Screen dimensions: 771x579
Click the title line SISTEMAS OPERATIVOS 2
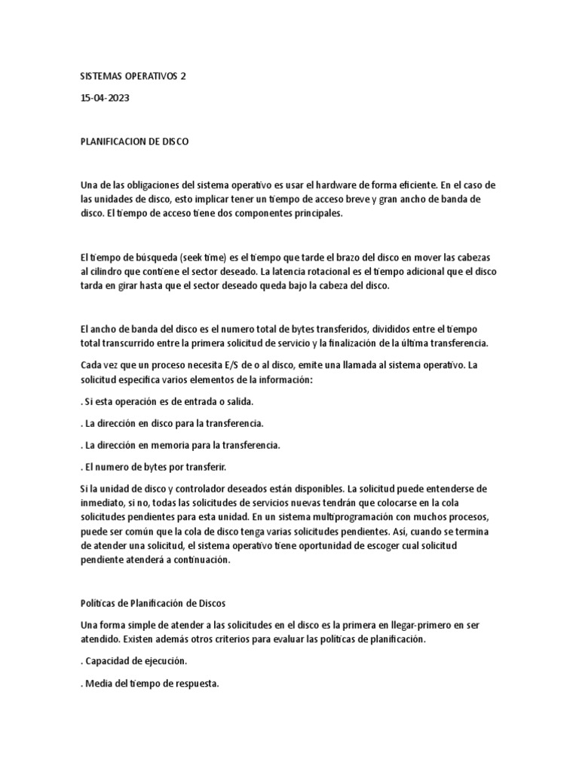[132, 77]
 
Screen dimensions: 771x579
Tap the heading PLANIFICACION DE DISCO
[134, 142]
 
